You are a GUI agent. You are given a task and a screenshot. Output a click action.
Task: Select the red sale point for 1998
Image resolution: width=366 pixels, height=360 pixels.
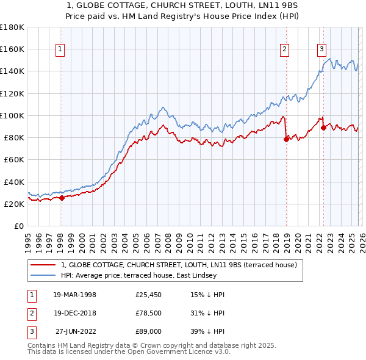tap(62, 198)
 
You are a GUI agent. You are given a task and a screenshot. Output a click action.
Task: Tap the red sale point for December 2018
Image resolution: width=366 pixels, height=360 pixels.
tap(285, 139)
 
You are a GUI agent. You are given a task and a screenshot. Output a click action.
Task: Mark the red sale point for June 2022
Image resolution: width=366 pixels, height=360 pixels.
tap(323, 128)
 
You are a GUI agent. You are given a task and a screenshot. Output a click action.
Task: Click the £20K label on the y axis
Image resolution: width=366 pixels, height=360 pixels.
tap(14, 204)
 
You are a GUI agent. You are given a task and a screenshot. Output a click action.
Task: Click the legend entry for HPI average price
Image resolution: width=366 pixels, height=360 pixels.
tap(138, 275)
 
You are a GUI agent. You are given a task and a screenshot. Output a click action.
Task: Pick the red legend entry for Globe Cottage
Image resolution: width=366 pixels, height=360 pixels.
tap(179, 265)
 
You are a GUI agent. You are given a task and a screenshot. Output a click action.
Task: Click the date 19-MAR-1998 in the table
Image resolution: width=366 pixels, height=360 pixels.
tap(74, 294)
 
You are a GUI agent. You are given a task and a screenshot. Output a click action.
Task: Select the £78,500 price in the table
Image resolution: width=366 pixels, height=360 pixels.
tap(149, 313)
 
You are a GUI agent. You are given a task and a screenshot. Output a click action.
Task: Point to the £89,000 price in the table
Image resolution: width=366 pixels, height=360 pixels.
tap(149, 332)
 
